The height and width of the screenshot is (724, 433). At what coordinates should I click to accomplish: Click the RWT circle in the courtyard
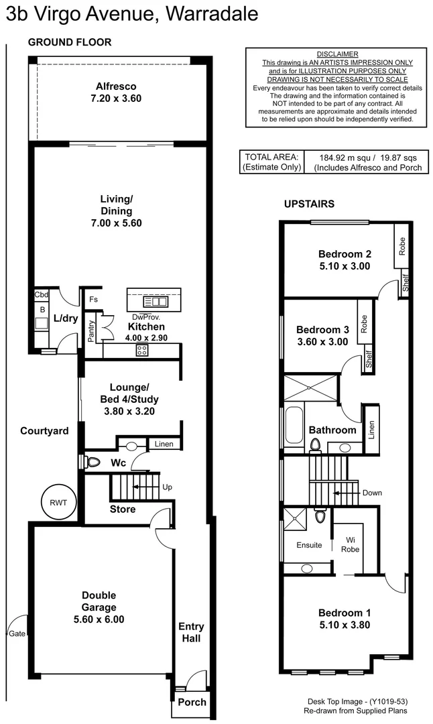coord(58,501)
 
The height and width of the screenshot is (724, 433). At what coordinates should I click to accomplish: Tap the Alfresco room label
coord(116,86)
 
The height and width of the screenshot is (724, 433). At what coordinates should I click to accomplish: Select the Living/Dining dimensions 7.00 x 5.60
coord(117,223)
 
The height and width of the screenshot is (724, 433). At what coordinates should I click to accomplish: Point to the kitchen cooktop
coord(142,349)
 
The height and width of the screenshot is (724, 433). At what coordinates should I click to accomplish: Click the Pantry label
coord(92,332)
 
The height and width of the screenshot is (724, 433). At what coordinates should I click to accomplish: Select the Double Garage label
coord(99,595)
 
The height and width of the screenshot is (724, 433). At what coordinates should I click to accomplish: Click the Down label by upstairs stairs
coord(372,493)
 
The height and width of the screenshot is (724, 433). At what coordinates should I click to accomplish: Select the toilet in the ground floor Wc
coord(92,461)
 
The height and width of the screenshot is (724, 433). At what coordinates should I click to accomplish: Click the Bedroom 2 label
coord(344,254)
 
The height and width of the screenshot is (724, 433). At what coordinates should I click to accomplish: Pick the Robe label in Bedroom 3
coord(363,324)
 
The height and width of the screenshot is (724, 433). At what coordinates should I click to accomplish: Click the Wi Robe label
coord(350,544)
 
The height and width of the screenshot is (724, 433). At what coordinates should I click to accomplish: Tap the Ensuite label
coord(309,545)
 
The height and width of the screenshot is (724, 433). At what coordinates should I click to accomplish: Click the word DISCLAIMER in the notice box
coord(336,54)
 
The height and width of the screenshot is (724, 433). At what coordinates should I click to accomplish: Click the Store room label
coord(123,509)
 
